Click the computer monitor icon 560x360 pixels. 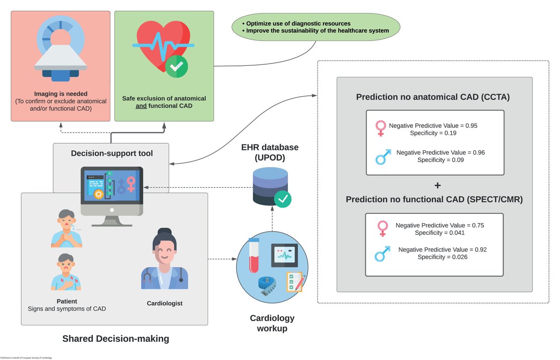111,194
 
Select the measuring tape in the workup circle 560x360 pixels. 267,286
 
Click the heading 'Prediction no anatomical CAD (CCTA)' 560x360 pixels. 433,97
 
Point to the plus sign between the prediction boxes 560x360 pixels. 437,186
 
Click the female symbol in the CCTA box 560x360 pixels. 381,127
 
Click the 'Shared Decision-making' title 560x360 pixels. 116,339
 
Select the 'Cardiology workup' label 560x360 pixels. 272,323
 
